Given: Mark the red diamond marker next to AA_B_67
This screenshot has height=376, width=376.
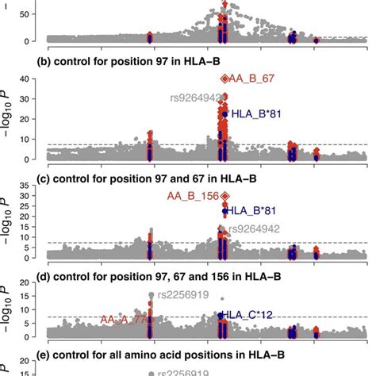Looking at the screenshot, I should tap(224, 79).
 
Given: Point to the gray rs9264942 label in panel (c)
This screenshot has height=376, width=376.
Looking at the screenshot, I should tap(254, 228).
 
